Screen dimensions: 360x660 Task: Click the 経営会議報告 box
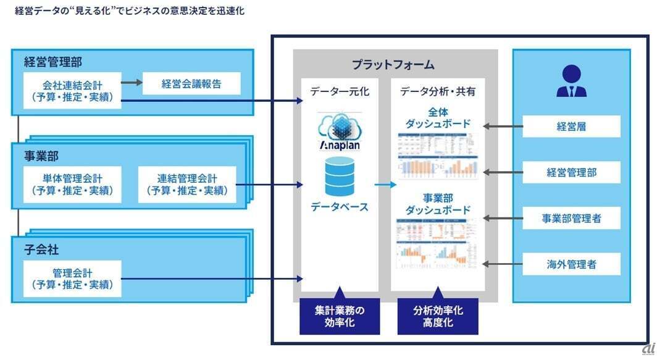(x=191, y=83)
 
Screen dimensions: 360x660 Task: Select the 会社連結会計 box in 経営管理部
(x=72, y=90)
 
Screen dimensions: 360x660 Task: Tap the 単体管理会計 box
(x=72, y=184)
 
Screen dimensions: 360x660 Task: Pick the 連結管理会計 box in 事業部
(x=187, y=184)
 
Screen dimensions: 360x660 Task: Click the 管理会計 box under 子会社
(x=72, y=278)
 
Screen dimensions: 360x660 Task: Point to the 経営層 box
(x=571, y=127)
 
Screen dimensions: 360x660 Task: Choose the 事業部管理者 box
(x=571, y=218)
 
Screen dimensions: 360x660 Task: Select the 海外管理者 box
(x=571, y=264)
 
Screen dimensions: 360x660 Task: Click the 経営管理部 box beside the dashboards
(x=571, y=172)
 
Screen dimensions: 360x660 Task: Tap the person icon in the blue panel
(x=571, y=82)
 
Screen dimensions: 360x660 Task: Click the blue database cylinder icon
(x=339, y=176)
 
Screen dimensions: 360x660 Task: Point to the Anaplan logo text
(x=339, y=145)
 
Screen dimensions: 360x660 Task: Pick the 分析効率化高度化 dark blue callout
(x=438, y=316)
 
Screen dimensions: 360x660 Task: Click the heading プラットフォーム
(x=393, y=64)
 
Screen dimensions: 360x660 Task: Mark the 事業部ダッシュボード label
(x=438, y=203)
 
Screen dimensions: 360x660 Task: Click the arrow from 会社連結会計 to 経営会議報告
(x=130, y=82)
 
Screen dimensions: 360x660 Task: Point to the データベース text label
(x=339, y=206)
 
